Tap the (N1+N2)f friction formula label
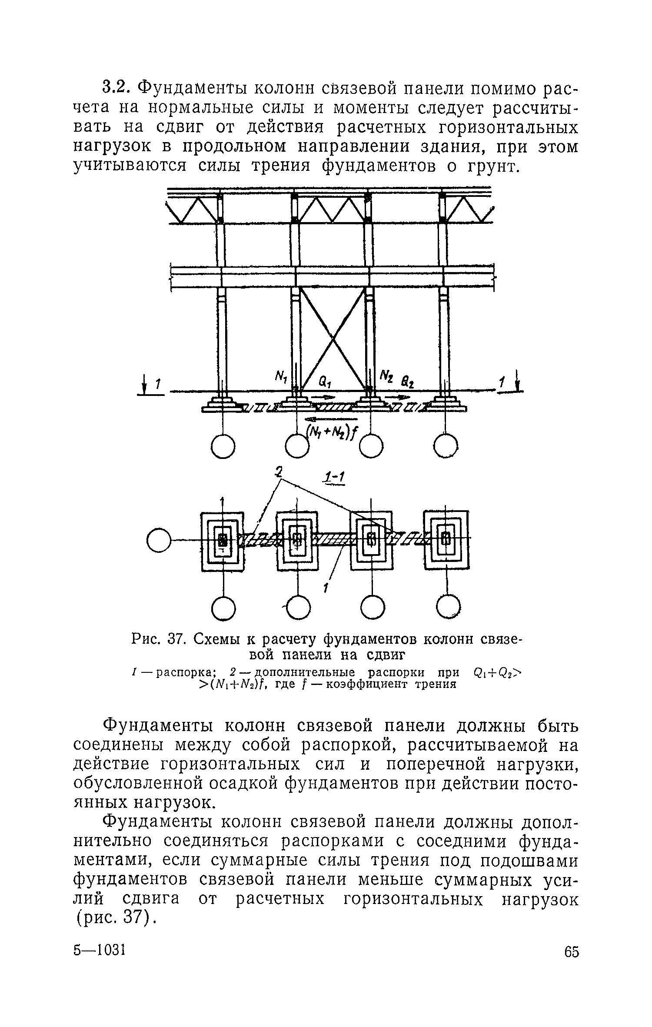[330, 431]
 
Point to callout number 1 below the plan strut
[325, 588]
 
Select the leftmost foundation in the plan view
[223, 540]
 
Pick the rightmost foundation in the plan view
[446, 539]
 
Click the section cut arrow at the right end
[517, 382]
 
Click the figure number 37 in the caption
[174, 640]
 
